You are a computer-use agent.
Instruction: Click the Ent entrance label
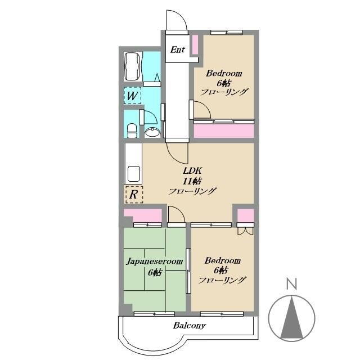coord(178,49)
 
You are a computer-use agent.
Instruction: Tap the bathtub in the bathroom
coord(132,66)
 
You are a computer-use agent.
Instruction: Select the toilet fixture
coord(132,130)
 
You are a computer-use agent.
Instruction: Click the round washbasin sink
coord(152,133)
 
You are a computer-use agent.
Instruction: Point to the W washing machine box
coord(132,96)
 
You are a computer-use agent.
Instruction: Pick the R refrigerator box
coord(134,195)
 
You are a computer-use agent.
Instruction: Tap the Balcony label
coord(190,325)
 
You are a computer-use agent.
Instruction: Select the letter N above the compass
coord(292,283)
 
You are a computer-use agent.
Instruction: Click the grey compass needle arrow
coord(292,317)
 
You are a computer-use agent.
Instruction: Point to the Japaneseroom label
coord(155,261)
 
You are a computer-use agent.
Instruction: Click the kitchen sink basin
coord(134,174)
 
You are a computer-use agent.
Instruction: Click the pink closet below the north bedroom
coord(224,131)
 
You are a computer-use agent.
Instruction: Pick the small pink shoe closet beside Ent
coord(195,45)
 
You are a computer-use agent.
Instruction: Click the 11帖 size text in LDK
coord(192,181)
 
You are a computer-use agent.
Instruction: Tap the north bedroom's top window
coord(227,33)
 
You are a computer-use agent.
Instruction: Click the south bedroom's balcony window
coord(222,314)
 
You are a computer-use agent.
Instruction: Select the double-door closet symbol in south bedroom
coord(245,231)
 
